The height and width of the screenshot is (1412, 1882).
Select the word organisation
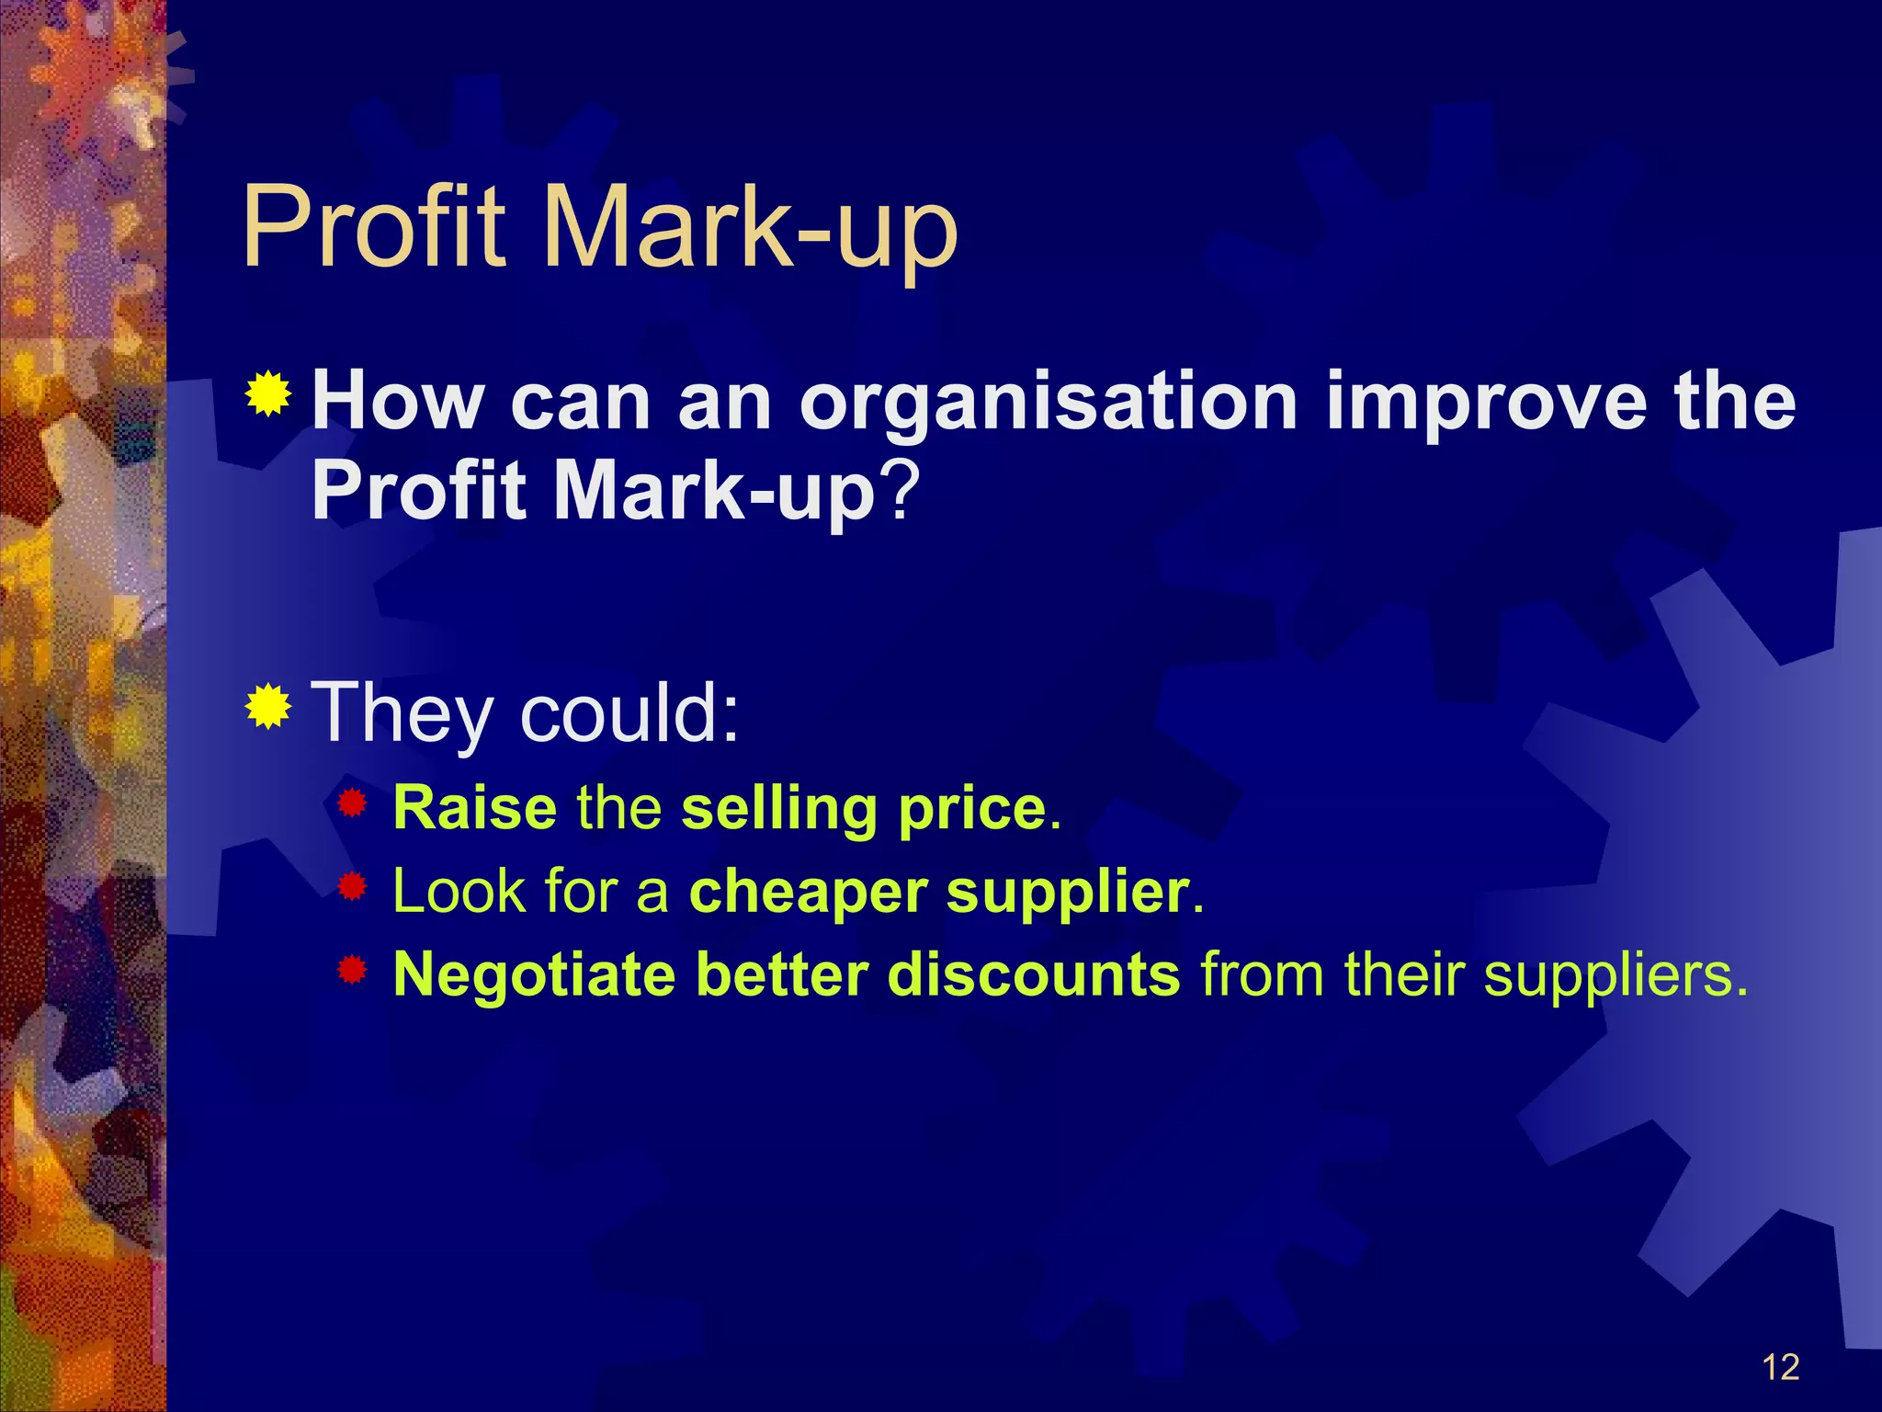(1048, 404)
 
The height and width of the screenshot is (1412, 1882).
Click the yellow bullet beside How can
(268, 394)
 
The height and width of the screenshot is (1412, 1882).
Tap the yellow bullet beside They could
(268, 706)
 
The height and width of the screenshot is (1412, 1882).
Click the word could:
(629, 712)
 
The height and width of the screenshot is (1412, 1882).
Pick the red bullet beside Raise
(352, 804)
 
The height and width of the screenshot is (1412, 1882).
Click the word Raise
(474, 808)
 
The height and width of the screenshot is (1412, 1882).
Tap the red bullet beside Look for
(352, 887)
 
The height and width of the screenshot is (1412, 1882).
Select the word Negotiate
(534, 975)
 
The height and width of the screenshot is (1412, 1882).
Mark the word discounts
(1034, 974)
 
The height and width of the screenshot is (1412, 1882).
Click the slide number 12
(1780, 1367)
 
